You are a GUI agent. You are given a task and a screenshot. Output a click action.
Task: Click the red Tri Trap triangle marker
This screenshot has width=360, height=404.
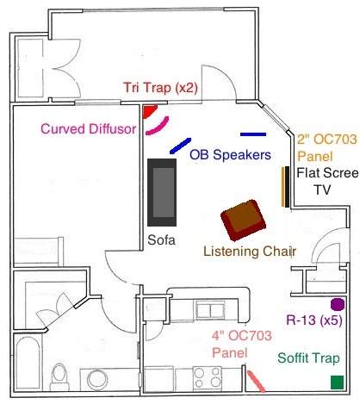149,110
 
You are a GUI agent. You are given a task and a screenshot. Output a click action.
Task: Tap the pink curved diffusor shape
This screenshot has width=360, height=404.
158,127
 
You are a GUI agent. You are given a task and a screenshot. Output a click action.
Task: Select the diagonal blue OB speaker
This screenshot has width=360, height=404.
180,146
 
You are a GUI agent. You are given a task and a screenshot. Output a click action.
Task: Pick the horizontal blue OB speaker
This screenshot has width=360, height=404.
253,134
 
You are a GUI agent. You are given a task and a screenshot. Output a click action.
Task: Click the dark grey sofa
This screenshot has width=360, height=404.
162,192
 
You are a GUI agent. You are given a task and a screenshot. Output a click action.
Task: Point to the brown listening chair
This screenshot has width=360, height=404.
243,220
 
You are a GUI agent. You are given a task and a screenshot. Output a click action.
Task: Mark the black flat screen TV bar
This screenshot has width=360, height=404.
287,187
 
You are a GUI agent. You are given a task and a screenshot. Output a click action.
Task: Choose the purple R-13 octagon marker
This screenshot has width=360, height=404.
337,305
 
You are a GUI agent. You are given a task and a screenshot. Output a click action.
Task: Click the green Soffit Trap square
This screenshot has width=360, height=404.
337,382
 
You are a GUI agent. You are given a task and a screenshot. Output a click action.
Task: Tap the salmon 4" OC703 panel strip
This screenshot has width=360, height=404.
257,382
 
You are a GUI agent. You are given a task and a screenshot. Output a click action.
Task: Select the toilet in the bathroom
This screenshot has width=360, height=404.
59,376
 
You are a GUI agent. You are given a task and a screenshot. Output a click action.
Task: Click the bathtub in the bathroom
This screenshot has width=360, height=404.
28,364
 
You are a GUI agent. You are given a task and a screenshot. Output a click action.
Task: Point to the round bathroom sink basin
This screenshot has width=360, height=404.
97,379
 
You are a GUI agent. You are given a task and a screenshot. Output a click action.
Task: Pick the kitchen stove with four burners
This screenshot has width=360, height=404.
207,377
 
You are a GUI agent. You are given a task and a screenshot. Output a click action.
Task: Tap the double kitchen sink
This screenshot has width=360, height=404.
211,310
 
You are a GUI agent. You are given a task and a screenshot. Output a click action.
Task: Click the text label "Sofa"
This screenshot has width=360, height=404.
161,240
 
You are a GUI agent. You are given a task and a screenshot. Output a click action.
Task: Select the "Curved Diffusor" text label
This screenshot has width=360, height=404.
89,129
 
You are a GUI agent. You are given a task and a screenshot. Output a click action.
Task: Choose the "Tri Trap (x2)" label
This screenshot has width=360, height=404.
161,88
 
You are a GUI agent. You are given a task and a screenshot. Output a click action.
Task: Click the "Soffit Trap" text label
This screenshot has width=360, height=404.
308,358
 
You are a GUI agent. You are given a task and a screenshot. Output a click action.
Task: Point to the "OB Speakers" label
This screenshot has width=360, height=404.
230,155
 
